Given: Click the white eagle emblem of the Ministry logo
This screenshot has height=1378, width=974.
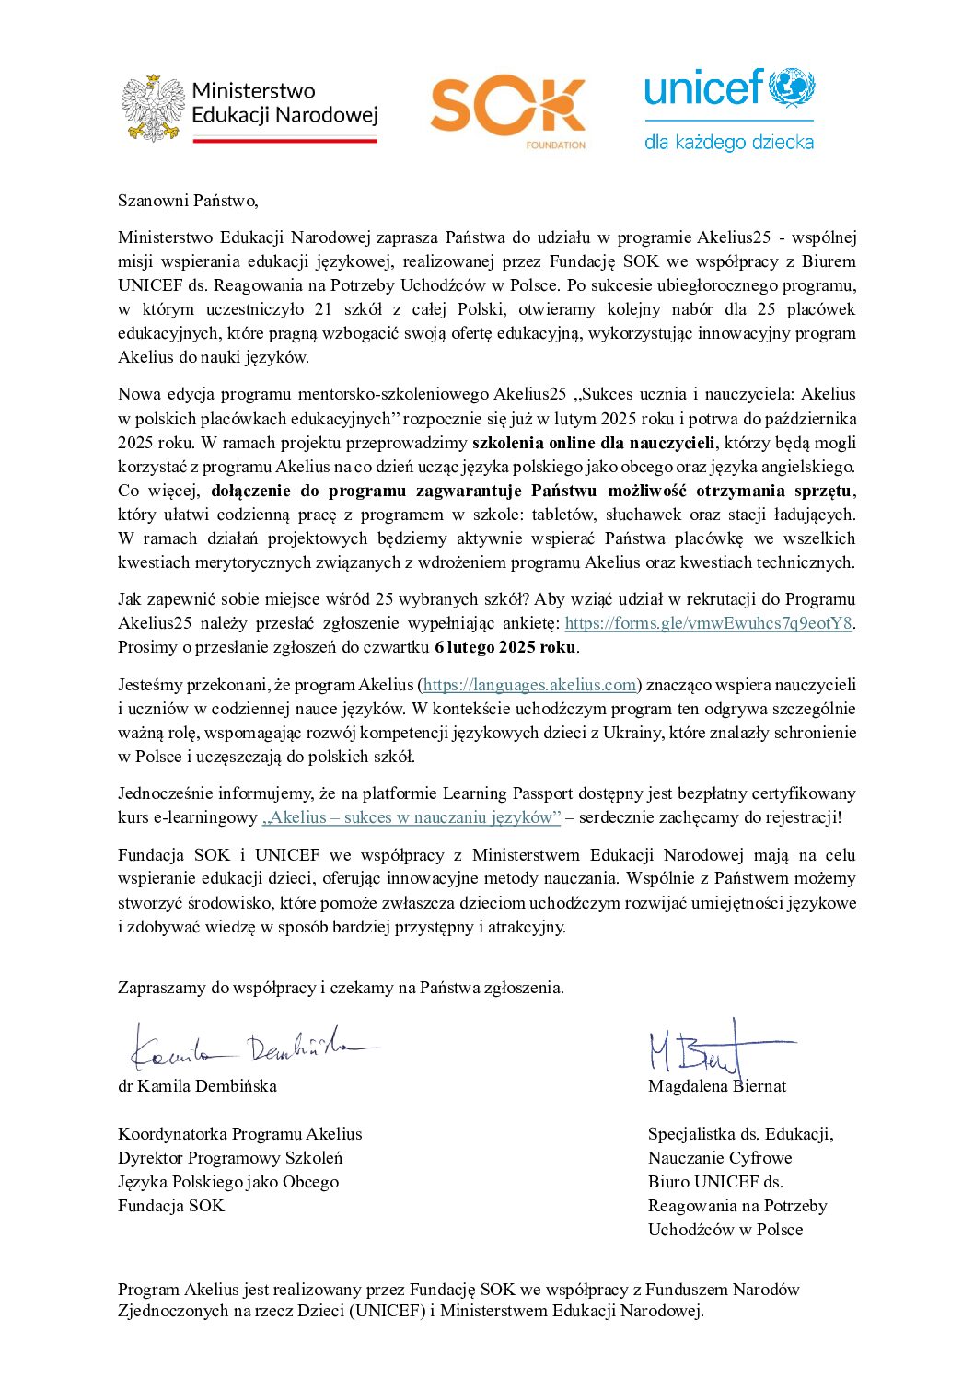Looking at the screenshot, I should (154, 108).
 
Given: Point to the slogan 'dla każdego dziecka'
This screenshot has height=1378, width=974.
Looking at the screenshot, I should (728, 142).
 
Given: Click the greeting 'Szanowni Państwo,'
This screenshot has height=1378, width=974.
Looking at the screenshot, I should (188, 201).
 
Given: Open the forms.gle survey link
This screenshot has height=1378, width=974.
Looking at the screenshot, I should (708, 623).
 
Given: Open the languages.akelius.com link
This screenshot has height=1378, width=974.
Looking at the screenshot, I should (530, 685).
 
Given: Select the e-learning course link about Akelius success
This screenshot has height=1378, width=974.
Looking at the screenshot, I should (412, 817).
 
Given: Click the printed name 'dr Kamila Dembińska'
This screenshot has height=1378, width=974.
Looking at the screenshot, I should (197, 1086).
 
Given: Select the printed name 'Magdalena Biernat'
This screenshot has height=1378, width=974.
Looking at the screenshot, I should (717, 1086).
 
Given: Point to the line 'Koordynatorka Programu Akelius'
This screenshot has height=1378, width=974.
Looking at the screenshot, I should (239, 1134).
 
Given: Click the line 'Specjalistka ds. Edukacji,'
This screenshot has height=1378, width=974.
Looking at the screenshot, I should (740, 1134).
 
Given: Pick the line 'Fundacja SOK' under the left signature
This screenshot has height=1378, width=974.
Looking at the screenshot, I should (171, 1206).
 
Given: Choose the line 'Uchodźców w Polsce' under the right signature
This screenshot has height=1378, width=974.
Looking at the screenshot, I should (725, 1230).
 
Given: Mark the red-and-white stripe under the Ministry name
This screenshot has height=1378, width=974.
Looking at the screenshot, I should (284, 140).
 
